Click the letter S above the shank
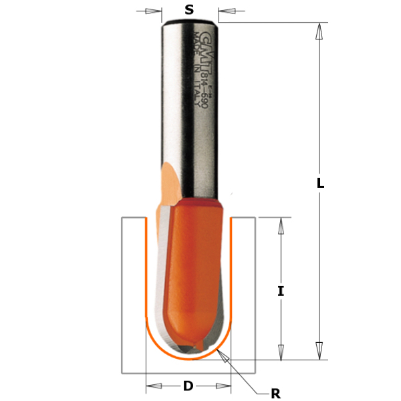[189, 9]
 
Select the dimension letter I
[281, 291]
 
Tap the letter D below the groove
[188, 386]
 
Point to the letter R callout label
[275, 394]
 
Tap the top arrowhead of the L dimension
[320, 30]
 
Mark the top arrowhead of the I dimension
[281, 225]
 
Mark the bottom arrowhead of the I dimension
[281, 352]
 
